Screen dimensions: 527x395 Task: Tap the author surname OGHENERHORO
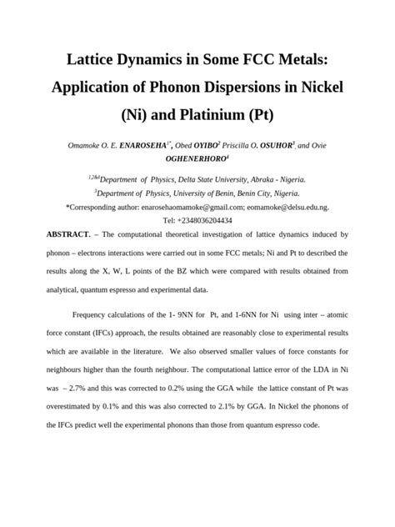(x=194, y=159)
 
